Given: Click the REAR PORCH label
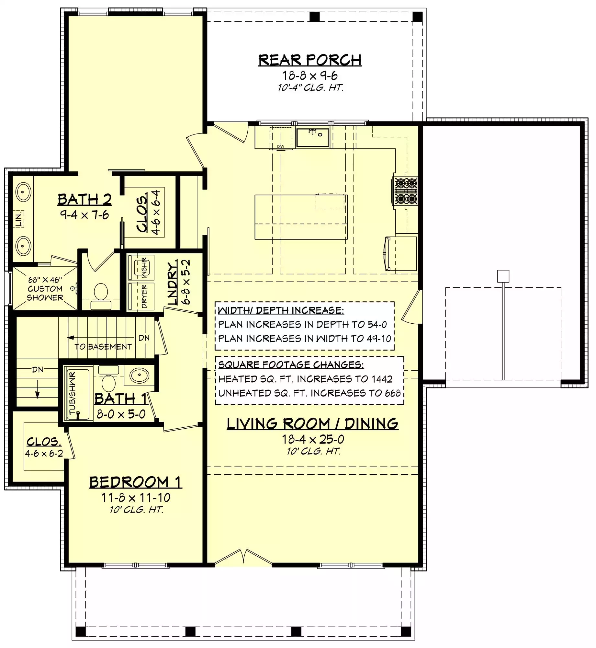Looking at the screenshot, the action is pyautogui.click(x=309, y=60).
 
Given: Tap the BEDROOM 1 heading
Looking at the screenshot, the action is pyautogui.click(x=135, y=482).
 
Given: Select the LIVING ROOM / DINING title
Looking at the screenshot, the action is pyautogui.click(x=312, y=424).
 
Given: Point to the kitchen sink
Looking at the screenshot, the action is pyautogui.click(x=313, y=138).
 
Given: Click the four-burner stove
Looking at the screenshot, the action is pyautogui.click(x=405, y=191).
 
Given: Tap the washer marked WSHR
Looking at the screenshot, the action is pyautogui.click(x=141, y=268).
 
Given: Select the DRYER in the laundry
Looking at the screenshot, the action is pyautogui.click(x=141, y=296).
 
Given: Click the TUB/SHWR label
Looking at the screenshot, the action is pyautogui.click(x=72, y=393).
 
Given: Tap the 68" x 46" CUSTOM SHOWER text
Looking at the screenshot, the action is pyautogui.click(x=45, y=289).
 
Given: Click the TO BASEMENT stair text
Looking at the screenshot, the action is pyautogui.click(x=103, y=347).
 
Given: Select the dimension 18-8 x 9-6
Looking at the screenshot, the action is pyautogui.click(x=310, y=75).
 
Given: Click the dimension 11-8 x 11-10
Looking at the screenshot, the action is pyautogui.click(x=136, y=498).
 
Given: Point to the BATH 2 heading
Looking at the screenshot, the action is pyautogui.click(x=84, y=199).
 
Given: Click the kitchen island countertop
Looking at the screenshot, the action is pyautogui.click(x=301, y=217).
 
